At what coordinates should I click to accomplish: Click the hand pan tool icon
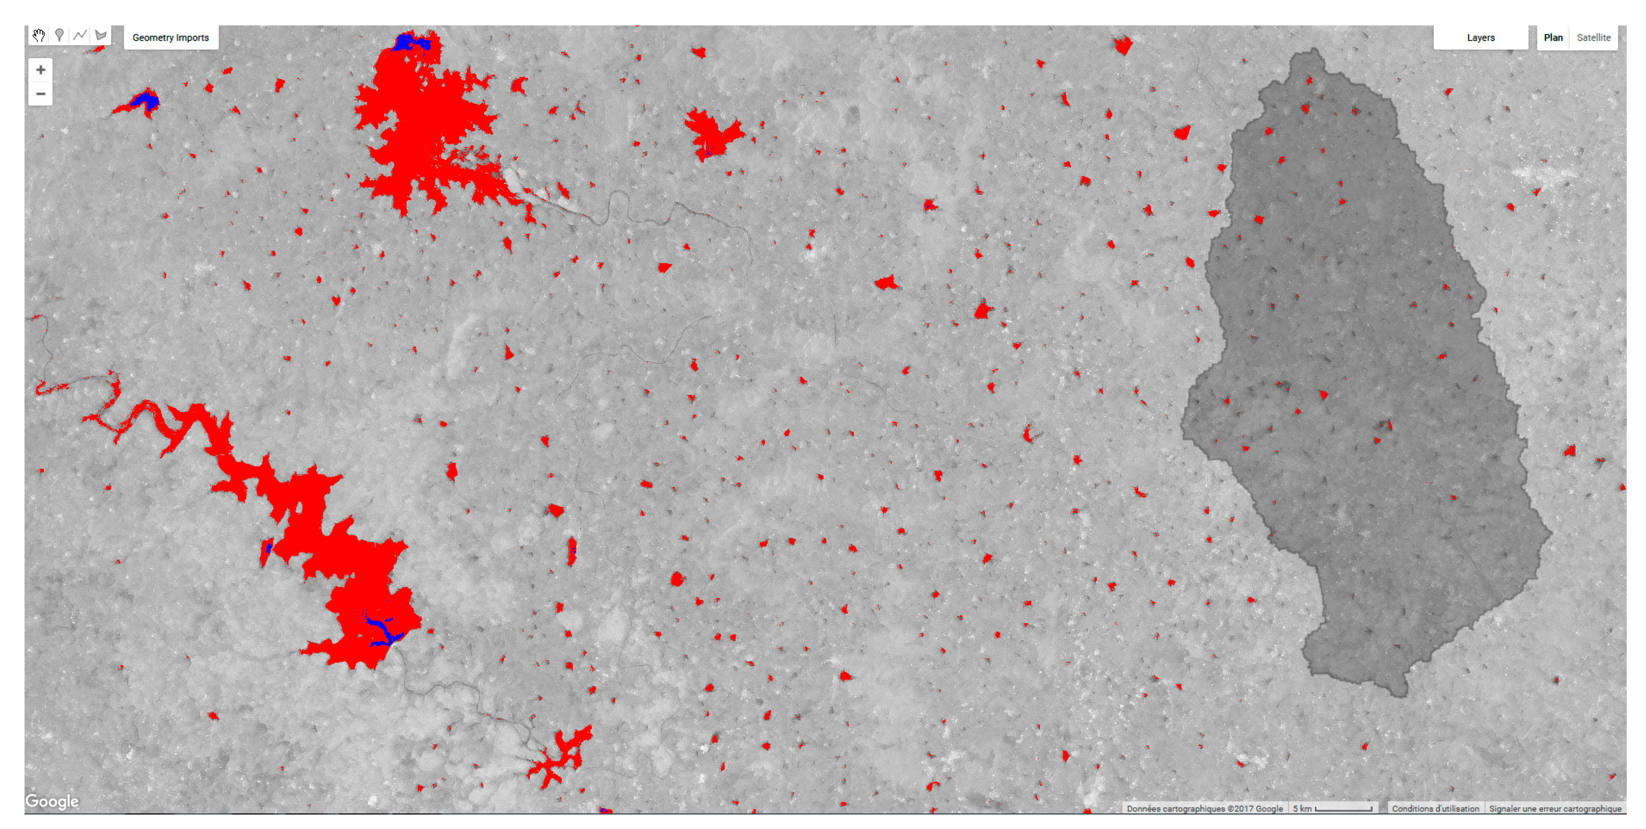[39, 36]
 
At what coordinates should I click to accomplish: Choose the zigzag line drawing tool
[80, 36]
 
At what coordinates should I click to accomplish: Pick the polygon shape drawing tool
[100, 36]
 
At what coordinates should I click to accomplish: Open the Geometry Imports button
[171, 38]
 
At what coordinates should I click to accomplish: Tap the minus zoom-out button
[40, 94]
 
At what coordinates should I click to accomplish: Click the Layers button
[1480, 38]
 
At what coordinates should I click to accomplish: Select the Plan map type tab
[1553, 38]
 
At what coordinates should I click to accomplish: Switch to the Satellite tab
[1593, 38]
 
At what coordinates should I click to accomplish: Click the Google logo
[52, 801]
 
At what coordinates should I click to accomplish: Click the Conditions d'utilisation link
[1435, 808]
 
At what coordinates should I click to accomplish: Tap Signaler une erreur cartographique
[1554, 808]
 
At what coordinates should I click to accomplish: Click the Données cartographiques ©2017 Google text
[1205, 808]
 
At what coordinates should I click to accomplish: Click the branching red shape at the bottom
[559, 758]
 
